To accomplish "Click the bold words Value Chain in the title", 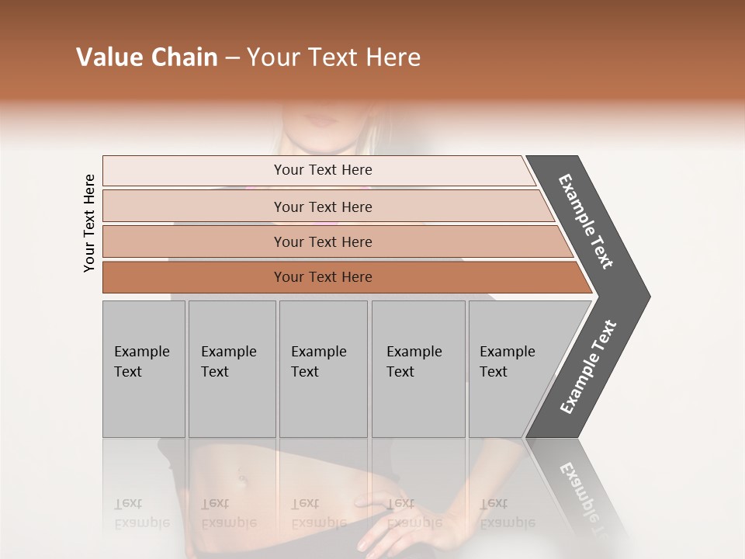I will click(x=147, y=57).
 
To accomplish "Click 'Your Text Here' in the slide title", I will click(x=334, y=57).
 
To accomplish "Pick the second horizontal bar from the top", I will click(x=322, y=207).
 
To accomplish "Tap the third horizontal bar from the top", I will click(x=322, y=241).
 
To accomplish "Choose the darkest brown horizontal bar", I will click(x=322, y=277).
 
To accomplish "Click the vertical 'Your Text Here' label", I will click(x=89, y=223).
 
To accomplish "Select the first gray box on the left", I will click(x=144, y=369).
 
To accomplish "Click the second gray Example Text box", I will click(x=231, y=369).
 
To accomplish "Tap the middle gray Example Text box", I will click(x=322, y=369).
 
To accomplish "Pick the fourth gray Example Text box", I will click(x=418, y=369).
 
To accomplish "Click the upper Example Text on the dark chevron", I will click(x=586, y=221).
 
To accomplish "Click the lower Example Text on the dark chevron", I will click(x=587, y=367).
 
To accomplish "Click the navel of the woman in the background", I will click(x=242, y=480).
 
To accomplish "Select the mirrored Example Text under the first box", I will click(x=141, y=513).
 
